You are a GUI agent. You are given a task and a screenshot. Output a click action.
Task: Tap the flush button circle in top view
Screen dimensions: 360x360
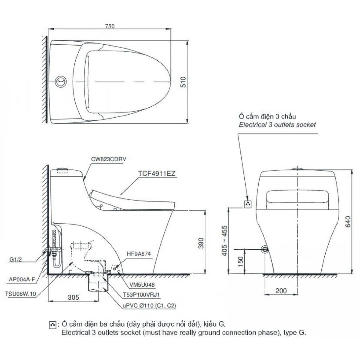click(61, 82)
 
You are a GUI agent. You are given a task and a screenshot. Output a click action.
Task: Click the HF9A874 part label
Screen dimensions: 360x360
click(138, 254)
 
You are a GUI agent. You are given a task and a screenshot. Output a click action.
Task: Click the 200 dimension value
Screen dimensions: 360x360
click(281, 291)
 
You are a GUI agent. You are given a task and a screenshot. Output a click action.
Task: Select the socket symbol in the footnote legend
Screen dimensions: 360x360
click(52, 324)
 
